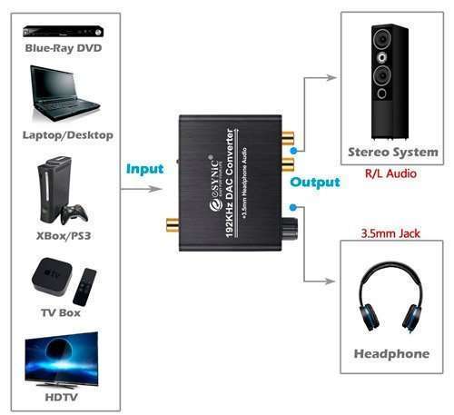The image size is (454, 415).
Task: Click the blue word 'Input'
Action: click(145, 169)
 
